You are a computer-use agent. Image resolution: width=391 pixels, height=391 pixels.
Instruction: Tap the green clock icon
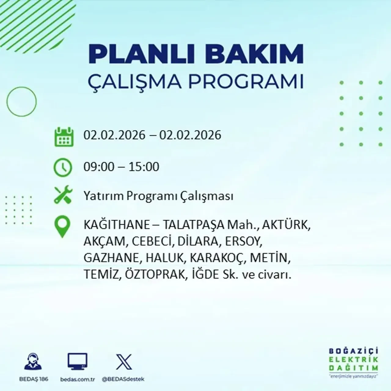pos(63,168)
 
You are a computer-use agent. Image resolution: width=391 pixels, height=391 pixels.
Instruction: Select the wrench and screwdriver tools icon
pos(63,195)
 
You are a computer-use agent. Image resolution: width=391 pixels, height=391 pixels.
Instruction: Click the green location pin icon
pos(62,227)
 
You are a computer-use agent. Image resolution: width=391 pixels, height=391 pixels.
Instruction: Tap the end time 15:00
pos(144,167)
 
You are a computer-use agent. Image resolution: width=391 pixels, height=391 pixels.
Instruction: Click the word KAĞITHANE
pos(116,225)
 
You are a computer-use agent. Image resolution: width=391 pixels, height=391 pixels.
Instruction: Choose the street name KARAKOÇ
pos(217,258)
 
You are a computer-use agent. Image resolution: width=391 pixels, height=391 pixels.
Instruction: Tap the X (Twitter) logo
pos(124,362)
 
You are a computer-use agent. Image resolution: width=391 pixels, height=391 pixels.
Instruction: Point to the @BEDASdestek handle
pos(123,379)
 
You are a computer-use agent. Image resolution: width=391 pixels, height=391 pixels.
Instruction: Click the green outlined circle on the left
pos(21,101)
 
